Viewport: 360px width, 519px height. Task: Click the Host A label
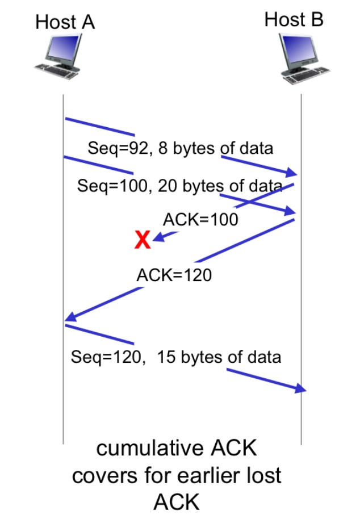coord(65,22)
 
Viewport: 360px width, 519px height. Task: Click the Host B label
coord(294,20)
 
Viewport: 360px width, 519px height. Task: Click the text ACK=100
coord(201,220)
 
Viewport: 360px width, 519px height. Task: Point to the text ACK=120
coord(174,275)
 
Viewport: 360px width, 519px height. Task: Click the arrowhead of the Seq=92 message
coord(293,173)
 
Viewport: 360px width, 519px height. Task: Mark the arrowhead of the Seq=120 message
coord(300,389)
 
